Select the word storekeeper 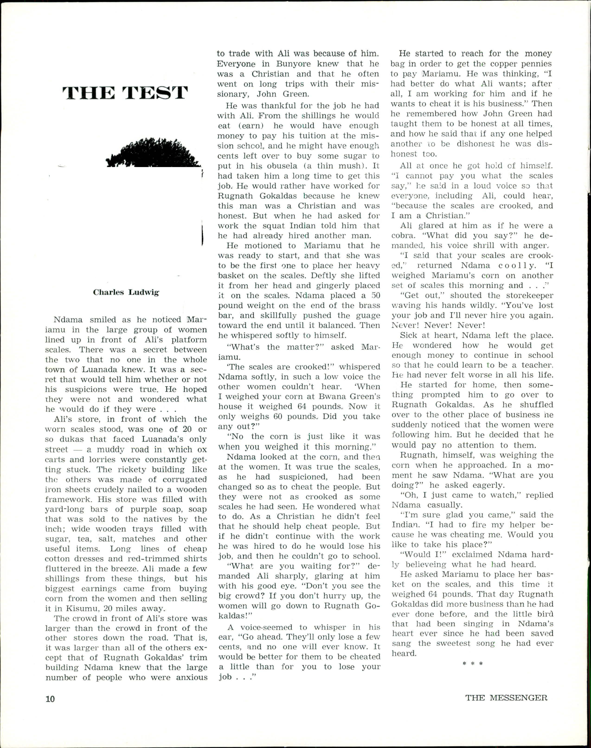coord(529,296)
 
